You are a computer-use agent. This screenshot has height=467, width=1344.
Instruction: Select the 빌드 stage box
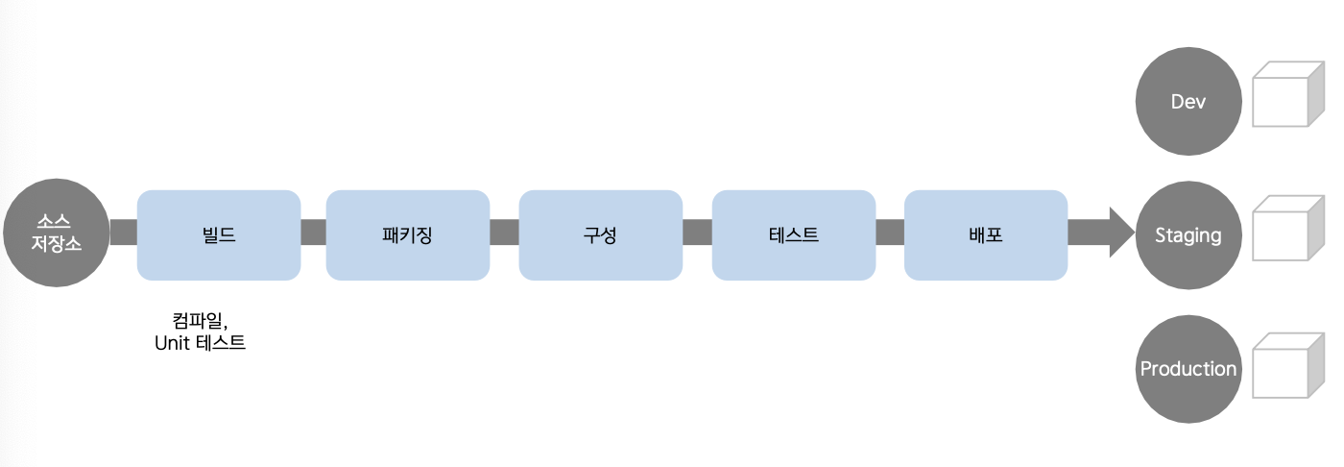point(219,234)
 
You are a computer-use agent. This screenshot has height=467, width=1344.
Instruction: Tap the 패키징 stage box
point(408,234)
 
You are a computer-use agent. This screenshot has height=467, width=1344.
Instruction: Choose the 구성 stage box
point(601,234)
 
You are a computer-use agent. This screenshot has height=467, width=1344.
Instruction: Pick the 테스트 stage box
point(794,234)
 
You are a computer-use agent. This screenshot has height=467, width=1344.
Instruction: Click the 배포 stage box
point(986,234)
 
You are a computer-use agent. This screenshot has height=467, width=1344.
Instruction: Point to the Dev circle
point(1188,102)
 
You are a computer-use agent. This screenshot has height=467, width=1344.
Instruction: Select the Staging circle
point(1188,235)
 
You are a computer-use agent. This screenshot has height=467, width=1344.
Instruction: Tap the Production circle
point(1188,369)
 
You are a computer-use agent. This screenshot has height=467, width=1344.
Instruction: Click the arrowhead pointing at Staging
point(1121,233)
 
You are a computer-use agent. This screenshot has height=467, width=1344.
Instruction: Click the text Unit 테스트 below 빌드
point(201,342)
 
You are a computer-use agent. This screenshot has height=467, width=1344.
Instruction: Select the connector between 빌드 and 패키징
point(313,233)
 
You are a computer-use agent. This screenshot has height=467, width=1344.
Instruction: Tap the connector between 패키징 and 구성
point(504,233)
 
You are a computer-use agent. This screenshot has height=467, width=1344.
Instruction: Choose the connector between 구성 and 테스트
point(697,233)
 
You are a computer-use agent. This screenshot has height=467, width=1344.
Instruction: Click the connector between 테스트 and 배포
point(890,233)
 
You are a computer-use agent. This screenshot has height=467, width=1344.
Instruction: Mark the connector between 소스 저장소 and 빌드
point(124,233)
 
